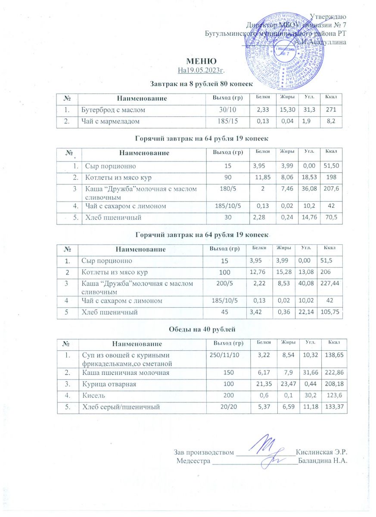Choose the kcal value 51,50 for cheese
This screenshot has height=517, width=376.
pyautogui.click(x=331, y=166)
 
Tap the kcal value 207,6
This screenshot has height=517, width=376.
pyautogui.click(x=331, y=188)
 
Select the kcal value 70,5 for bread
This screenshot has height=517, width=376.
pyautogui.click(x=331, y=218)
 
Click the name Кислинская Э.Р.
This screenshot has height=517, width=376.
pyautogui.click(x=322, y=452)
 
